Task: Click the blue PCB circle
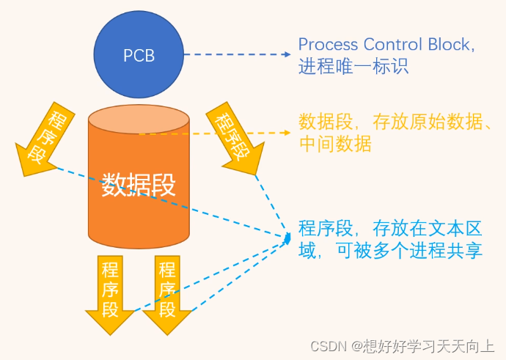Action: [x=139, y=55]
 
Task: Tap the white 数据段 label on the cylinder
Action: [x=139, y=183]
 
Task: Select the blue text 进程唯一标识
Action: [x=353, y=67]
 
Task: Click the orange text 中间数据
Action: [x=335, y=144]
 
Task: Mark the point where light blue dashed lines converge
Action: [x=288, y=237]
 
